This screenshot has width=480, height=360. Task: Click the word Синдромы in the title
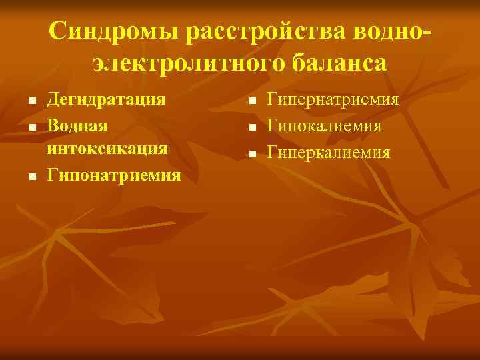coord(115,31)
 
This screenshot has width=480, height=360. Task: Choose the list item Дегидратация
coord(105,100)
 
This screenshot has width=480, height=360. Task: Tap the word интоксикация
coord(107,148)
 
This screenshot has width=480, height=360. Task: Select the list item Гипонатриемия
coord(114,175)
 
